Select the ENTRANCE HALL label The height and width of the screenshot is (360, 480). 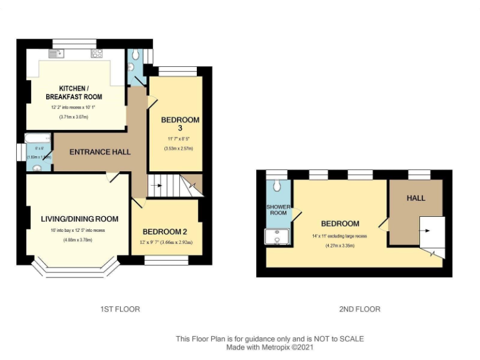click(99, 152)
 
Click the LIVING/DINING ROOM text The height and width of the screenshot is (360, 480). click(79, 219)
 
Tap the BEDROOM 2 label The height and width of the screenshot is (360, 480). click(165, 232)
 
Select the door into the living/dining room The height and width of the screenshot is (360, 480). click(112, 177)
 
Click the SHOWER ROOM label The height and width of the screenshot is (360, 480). click(278, 209)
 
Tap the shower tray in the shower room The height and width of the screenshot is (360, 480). click(275, 237)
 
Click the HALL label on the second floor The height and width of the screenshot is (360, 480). click(416, 198)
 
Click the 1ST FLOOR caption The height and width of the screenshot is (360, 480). click(120, 309)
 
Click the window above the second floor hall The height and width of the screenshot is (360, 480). click(419, 174)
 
